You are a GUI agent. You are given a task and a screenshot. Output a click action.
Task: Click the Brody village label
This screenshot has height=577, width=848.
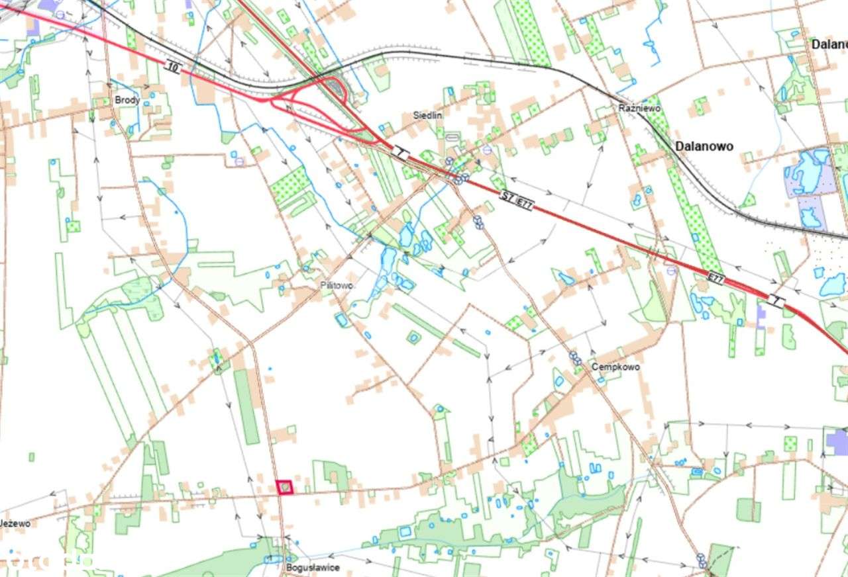point(127,101)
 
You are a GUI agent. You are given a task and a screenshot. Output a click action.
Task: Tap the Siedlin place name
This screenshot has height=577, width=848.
point(427,115)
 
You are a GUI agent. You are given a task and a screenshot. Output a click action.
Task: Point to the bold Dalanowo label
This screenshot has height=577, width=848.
point(704,146)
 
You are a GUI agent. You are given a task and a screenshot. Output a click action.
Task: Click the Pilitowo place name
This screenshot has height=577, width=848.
point(336,286)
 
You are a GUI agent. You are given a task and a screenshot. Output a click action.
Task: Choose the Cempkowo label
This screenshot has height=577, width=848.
point(615,367)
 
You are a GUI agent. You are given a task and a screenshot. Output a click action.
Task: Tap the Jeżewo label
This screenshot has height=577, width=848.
point(15,523)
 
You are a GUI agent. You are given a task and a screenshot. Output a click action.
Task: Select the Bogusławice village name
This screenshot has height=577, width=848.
point(313,568)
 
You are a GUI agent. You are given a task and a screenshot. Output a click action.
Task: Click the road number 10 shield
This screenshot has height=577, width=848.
point(174,66)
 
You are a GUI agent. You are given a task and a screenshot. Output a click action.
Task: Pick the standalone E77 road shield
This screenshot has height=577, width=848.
point(715,279)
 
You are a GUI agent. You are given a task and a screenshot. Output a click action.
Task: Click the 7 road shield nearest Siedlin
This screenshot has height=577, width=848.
point(399,152)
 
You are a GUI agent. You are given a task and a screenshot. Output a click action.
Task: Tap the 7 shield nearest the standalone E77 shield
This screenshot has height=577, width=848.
point(776,301)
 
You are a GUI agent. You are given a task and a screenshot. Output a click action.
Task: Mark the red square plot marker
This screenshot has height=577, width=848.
point(284,487)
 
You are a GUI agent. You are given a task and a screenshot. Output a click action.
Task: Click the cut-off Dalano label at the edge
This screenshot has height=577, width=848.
point(829,44)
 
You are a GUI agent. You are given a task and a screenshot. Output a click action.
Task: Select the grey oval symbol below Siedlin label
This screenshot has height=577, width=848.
point(452,137)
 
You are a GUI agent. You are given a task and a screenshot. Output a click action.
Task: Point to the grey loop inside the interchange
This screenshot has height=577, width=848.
point(336,89)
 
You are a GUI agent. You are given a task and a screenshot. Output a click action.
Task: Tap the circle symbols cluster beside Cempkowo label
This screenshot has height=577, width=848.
point(575,359)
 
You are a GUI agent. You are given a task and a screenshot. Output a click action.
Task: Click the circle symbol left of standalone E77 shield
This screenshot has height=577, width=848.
point(672,269)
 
